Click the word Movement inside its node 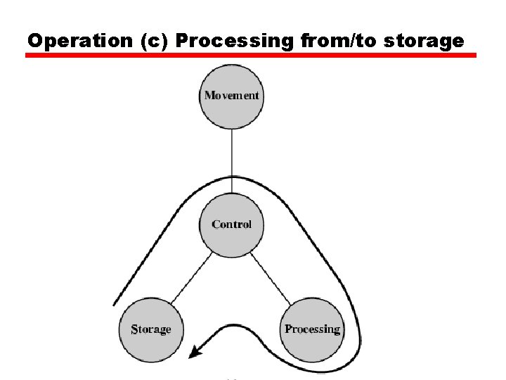[x=231, y=96]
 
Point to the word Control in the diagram [x=231, y=224]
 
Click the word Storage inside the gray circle [x=151, y=329]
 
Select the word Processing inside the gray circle [x=312, y=329]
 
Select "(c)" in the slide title [x=154, y=41]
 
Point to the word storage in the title [x=427, y=41]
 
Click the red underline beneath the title [x=251, y=55]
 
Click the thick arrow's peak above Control [x=231, y=177]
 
